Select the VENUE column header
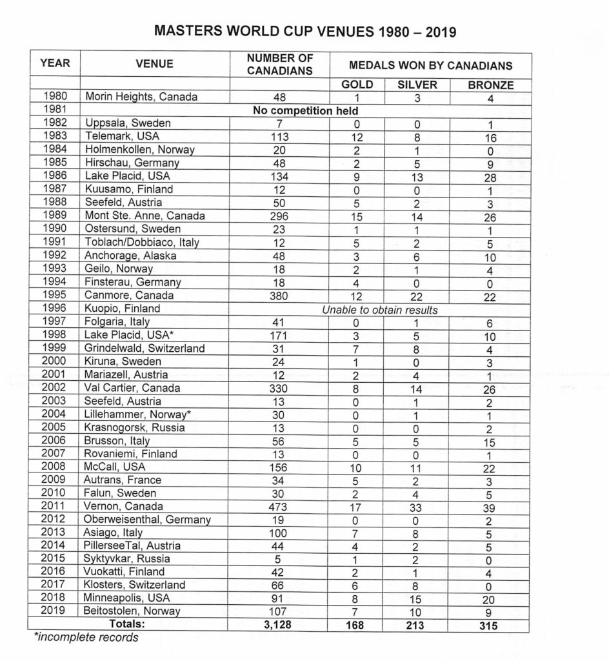pos(155,65)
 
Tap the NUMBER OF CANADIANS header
pos(279,65)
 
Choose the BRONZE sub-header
pos(490,85)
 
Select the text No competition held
pos(306,110)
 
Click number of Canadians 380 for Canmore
pos(279,296)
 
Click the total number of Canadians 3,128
pos(279,624)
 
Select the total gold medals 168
pos(355,624)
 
